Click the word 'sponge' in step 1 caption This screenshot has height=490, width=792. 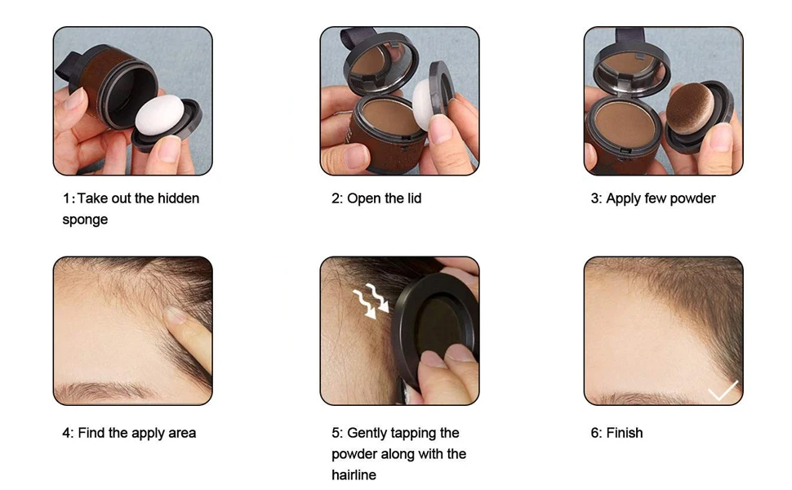[x=85, y=220]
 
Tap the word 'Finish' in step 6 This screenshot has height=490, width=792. [x=625, y=433]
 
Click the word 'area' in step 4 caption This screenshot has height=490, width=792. [x=180, y=433]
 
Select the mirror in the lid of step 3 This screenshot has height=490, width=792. [x=630, y=65]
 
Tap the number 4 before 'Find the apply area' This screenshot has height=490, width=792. [x=66, y=433]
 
